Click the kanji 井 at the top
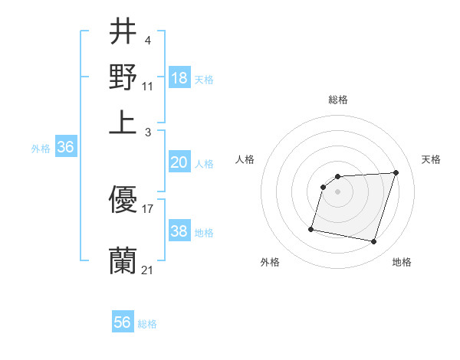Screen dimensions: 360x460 pos(123,33)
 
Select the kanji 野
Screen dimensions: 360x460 pos(123,77)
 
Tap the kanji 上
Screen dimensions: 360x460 pos(123,120)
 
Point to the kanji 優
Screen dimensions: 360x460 pos(123,201)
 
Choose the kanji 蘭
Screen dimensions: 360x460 pos(123,261)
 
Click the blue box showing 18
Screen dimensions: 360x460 pos(179,77)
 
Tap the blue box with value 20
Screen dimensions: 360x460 pos(179,162)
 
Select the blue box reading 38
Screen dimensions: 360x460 pos(179,231)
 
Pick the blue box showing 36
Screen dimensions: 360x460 pos(65,148)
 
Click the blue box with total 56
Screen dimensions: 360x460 pos(123,322)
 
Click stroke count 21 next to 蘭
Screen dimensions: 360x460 pos(147,270)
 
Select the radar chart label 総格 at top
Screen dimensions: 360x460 pos(338,100)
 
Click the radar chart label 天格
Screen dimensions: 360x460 pos(431,159)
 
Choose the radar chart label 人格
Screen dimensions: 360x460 pos(245,159)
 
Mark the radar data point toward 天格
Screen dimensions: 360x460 pos(396,172)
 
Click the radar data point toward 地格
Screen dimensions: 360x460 pos(373,242)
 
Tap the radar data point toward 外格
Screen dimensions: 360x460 pos(311,228)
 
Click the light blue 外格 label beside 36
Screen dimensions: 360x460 pos(40,149)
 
